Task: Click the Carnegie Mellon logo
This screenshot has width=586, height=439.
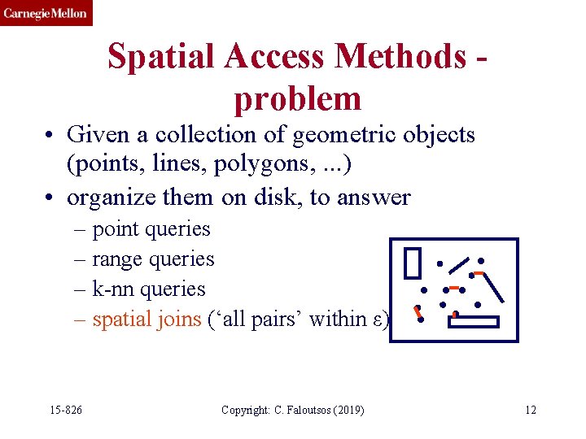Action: pos(46,13)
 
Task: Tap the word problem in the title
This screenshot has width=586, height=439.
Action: pos(297,98)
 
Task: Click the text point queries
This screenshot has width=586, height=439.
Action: pos(151,229)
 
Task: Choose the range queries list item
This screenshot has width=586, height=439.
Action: pos(153,259)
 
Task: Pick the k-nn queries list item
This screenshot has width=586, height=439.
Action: pos(148,289)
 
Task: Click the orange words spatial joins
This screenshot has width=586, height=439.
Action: pos(146,319)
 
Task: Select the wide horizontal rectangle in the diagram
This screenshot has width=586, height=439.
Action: pos(473,322)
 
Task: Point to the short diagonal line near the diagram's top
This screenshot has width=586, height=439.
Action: pos(460,265)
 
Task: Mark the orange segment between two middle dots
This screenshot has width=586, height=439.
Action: pos(453,289)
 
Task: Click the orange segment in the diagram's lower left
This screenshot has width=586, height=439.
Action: pos(418,312)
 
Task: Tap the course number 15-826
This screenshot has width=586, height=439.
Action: pos(64,410)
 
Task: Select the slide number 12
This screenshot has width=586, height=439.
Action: pos(531,410)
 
